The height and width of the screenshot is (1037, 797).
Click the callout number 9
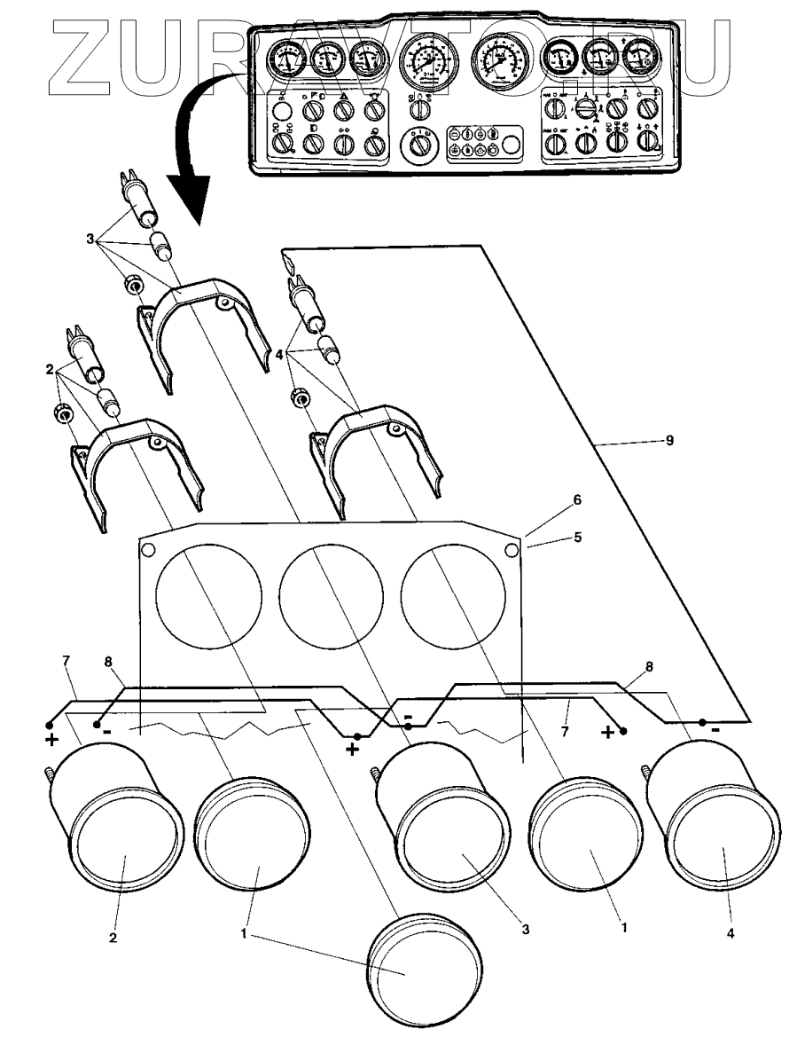pyautogui.click(x=669, y=440)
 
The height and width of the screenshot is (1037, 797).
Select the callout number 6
pyautogui.click(x=577, y=500)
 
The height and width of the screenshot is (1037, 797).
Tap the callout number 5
pyautogui.click(x=577, y=538)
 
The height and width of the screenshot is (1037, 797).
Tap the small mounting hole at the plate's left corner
pyautogui.click(x=148, y=550)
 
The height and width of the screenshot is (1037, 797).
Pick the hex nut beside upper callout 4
pyautogui.click(x=300, y=399)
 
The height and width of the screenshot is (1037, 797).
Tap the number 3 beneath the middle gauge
pyautogui.click(x=526, y=931)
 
